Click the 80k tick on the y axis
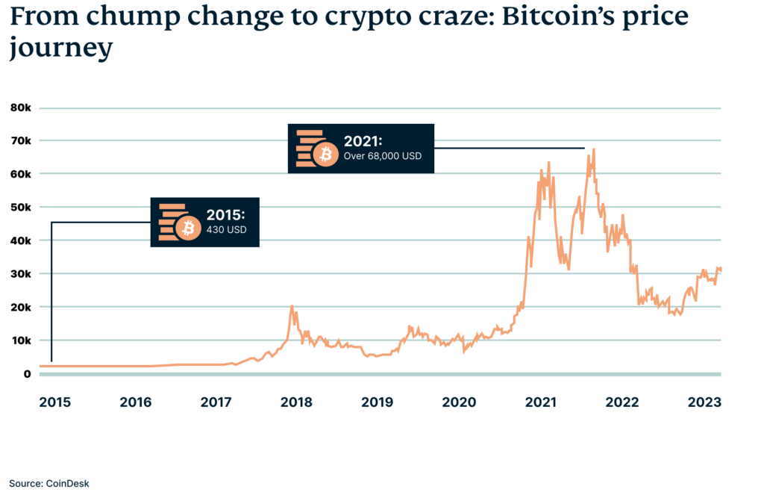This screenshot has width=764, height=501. [x=20, y=108]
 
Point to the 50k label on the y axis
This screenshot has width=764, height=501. [x=20, y=207]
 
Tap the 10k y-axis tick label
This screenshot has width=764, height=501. [x=20, y=340]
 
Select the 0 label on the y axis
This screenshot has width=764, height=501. [x=27, y=373]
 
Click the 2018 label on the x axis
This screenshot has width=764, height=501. [x=296, y=402]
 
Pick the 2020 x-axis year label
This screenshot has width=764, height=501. [x=459, y=402]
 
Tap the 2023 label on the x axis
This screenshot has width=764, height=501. [x=704, y=402]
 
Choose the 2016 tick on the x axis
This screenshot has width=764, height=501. [x=135, y=402]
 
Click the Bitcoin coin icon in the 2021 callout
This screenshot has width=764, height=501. [x=325, y=155]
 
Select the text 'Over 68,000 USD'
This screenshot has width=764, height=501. [x=382, y=157]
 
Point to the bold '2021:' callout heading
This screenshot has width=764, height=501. [x=363, y=141]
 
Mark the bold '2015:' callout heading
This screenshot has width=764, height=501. [x=226, y=214]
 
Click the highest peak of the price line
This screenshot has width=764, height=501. [x=593, y=149]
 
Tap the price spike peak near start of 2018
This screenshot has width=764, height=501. [x=292, y=305]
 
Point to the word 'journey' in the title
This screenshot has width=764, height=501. [x=60, y=48]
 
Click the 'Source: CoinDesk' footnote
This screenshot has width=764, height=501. [x=49, y=483]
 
